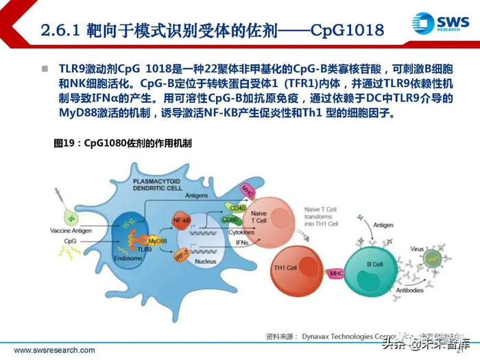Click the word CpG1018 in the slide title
pos(346,30)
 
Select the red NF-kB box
pos(182,221)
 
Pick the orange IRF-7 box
pos(179,256)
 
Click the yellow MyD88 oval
pos(157,241)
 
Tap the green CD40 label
pos(237,208)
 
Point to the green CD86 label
pos(229,220)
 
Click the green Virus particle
pos(431,259)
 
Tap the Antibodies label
pos(410,291)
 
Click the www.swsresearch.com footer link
pos(54,350)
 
